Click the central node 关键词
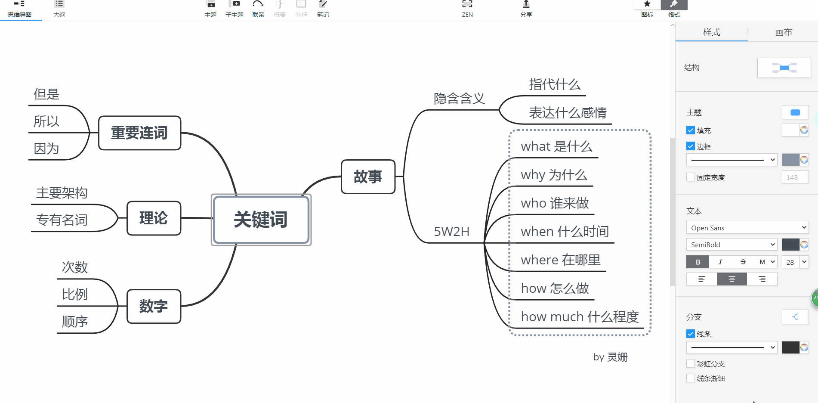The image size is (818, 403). [261, 220]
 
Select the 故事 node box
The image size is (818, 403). [368, 177]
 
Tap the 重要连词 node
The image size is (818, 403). [139, 133]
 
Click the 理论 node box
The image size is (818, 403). [154, 218]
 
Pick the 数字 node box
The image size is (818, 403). [154, 306]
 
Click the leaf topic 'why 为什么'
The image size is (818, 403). [554, 175]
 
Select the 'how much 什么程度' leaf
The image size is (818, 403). [580, 317]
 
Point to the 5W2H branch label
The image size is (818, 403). [451, 232]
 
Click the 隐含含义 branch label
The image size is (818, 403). [459, 99]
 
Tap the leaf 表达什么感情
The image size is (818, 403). [568, 113]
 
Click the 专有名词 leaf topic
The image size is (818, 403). [62, 220]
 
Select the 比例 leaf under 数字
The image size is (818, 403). [75, 294]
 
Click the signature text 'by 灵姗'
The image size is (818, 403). [610, 357]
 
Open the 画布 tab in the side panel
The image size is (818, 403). [783, 32]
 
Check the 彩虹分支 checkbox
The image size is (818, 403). [691, 363]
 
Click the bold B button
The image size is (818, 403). [698, 262]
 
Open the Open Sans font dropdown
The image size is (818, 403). [747, 228]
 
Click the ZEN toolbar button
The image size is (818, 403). [467, 9]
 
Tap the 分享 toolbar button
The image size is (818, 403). [526, 9]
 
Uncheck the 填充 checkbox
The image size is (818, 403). [691, 130]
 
